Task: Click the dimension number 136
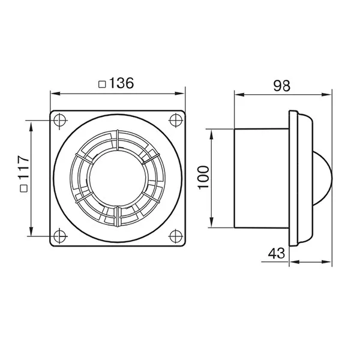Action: click(x=121, y=83)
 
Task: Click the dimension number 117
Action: click(x=23, y=167)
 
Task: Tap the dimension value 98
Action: click(x=282, y=86)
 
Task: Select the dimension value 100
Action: click(x=203, y=177)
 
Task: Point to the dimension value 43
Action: click(x=277, y=253)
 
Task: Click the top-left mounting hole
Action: click(x=60, y=120)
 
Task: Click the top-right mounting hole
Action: click(x=176, y=120)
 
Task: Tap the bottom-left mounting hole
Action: click(x=60, y=236)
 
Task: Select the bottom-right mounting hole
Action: click(x=176, y=236)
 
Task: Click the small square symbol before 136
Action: click(x=102, y=84)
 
